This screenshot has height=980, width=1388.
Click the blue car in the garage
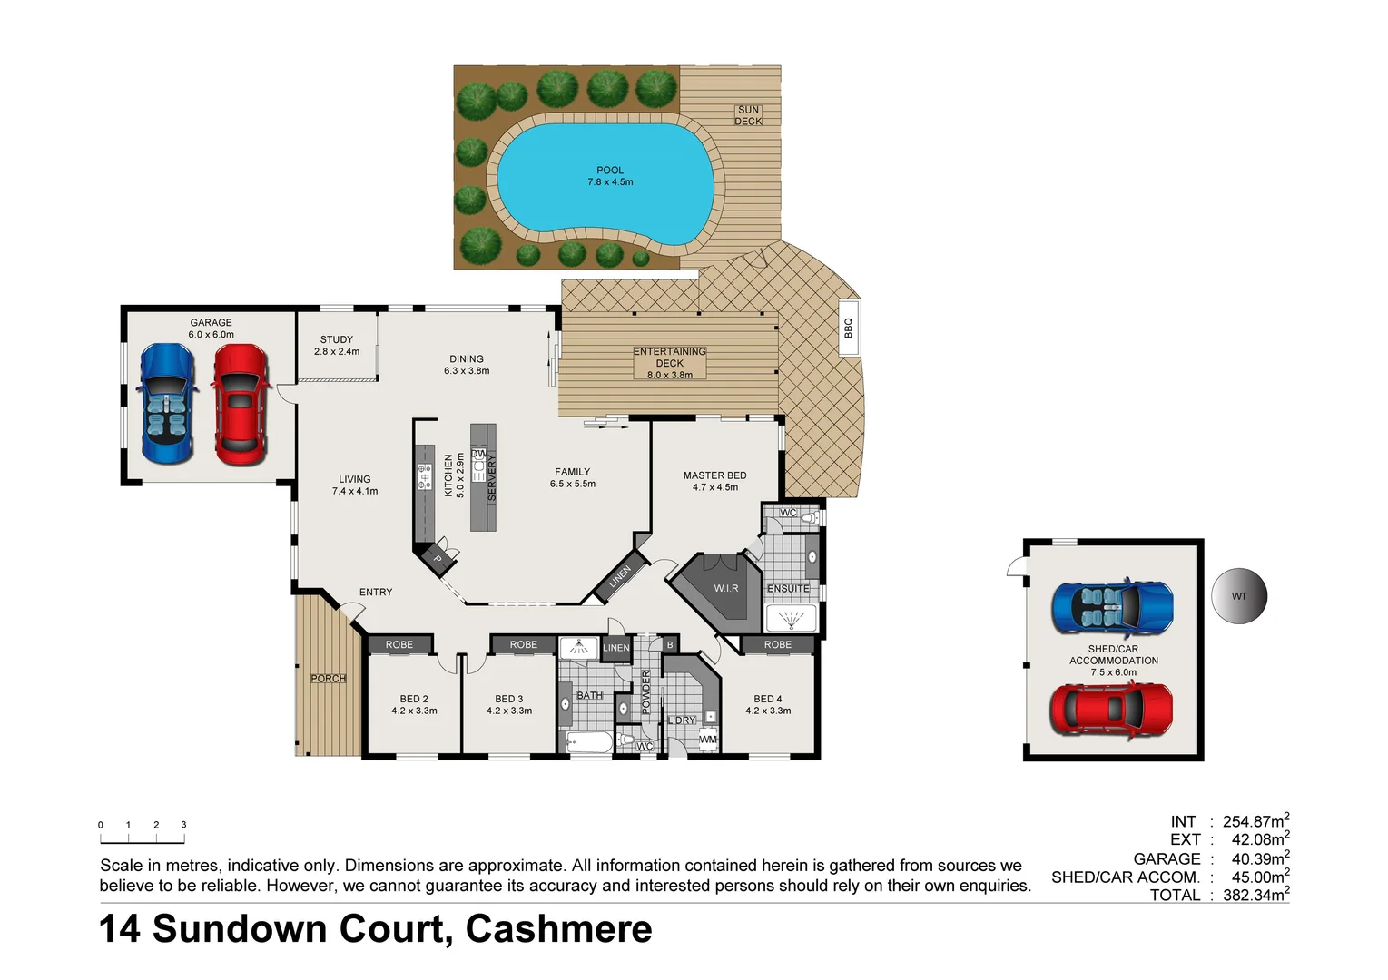167,404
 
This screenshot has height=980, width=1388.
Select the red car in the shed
1111,710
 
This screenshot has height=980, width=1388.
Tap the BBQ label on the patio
848,328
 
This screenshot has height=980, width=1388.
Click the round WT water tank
1238,596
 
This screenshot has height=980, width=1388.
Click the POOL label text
610,171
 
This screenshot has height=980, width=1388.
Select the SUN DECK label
748,115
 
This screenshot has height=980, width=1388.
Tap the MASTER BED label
714,475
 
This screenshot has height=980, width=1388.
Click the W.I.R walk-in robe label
725,588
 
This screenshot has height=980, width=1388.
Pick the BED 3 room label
508,699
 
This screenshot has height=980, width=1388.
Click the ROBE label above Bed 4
778,644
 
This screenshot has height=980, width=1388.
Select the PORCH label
328,678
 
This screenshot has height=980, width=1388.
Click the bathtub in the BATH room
589,743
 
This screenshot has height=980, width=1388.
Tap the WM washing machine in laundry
708,740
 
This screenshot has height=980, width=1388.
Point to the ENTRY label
376,592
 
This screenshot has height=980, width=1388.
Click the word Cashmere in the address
558,929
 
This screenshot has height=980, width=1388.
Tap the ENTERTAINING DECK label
670,363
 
